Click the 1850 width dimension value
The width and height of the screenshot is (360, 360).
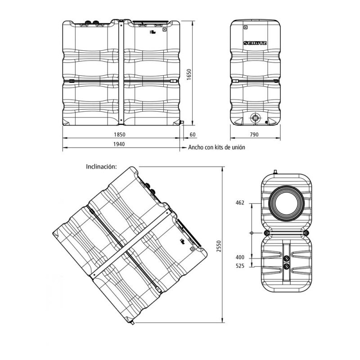pos(120,134)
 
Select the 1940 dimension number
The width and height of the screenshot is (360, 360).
pos(119,144)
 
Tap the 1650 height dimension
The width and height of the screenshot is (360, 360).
pos(189,74)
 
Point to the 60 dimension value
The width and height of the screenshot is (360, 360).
pos(193,135)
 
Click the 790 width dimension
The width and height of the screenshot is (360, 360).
pos(254,135)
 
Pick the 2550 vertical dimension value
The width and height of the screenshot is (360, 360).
pos(219,246)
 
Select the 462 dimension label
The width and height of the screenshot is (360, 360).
pos(240,203)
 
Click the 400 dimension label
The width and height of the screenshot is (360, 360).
pos(240,257)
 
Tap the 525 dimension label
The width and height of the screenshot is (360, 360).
pos(240,266)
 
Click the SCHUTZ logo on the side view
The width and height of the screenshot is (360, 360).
pos(255,43)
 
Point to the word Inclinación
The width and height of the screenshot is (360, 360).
pos(101,166)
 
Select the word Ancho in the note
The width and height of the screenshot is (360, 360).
pos(196,147)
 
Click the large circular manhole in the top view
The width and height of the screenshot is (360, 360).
pos(286,204)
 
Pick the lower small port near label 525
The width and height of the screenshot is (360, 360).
pos(286,266)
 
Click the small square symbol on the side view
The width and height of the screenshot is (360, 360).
pos(246,27)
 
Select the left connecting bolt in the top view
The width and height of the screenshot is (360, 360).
pos(266,233)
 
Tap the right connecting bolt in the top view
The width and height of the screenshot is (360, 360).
pos(306,233)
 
